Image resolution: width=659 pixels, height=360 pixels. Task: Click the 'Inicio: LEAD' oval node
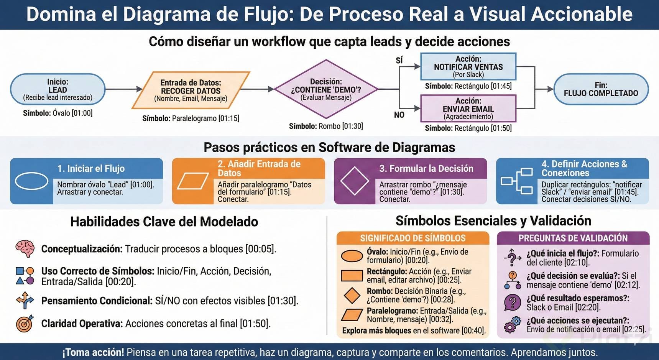(x=58, y=89)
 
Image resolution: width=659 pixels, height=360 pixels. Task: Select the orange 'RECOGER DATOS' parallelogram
(x=191, y=90)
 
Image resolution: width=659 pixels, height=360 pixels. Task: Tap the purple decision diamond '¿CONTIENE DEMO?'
(x=326, y=89)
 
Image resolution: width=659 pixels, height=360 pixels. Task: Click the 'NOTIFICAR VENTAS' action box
(x=468, y=66)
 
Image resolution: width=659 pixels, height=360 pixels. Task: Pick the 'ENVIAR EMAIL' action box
(x=468, y=108)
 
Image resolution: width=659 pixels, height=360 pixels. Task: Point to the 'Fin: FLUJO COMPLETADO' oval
(x=601, y=89)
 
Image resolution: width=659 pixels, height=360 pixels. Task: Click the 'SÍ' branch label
(x=399, y=60)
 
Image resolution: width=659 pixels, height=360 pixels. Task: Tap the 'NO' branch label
(x=399, y=115)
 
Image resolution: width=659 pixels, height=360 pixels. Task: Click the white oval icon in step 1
(x=31, y=181)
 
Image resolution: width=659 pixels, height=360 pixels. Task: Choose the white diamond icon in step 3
(x=355, y=181)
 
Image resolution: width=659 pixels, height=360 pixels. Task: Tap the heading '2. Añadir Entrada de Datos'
(x=259, y=168)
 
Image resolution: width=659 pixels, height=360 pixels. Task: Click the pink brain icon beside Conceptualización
(x=25, y=248)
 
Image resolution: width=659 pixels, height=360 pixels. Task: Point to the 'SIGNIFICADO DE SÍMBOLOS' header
(x=412, y=238)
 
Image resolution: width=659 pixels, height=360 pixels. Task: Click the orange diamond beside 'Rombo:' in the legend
(x=352, y=295)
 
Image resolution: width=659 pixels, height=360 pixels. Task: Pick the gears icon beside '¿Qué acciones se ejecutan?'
(x=513, y=325)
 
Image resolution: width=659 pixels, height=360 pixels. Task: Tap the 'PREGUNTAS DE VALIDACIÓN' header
(x=573, y=238)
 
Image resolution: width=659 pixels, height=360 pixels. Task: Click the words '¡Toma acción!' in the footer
(x=93, y=352)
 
